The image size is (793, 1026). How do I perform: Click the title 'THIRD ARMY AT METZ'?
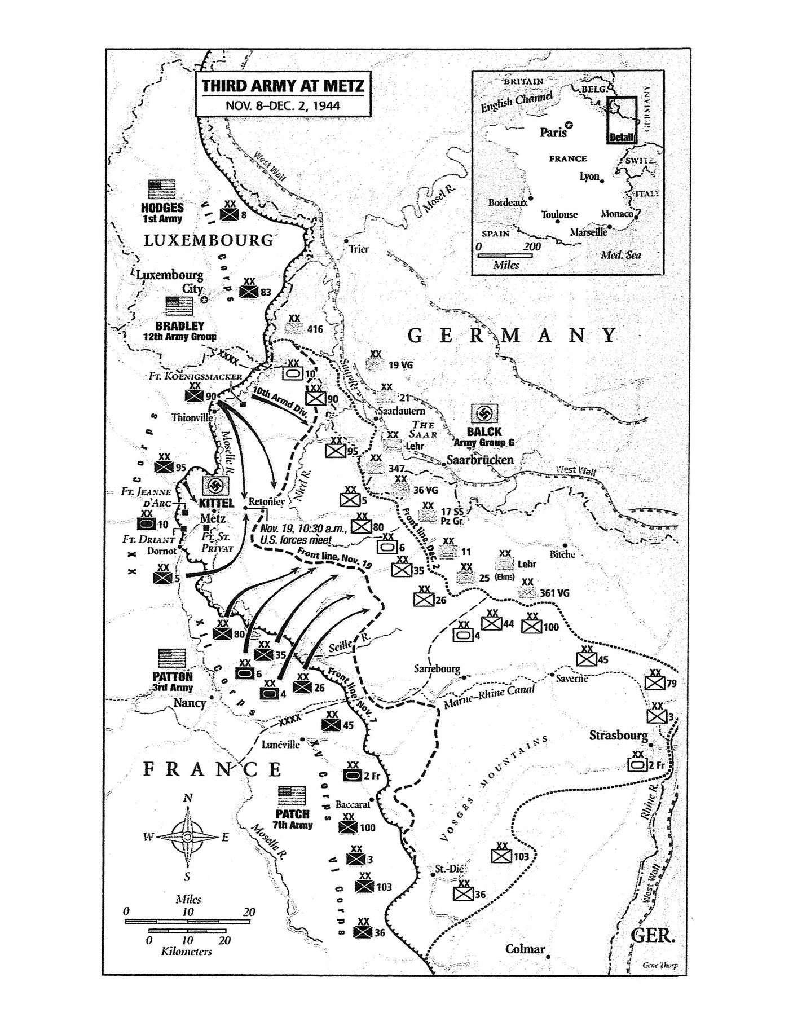(283, 86)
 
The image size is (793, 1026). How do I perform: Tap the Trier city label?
(359, 249)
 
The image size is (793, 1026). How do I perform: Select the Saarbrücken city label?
(480, 459)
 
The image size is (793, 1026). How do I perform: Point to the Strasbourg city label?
(618, 735)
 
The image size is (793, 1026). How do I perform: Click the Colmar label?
(525, 949)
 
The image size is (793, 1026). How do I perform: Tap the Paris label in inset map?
(553, 133)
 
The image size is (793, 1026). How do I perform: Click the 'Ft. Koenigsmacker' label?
(196, 376)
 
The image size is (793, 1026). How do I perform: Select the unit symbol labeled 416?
(294, 328)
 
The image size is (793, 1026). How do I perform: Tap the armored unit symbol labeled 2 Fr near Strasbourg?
(637, 765)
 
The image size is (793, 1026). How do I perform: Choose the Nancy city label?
(190, 703)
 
